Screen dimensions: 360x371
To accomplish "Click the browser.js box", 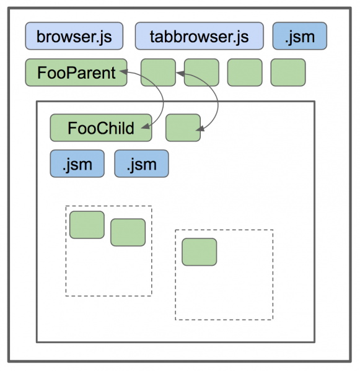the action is click(74, 36).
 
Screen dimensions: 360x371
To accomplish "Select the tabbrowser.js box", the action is click(200, 36).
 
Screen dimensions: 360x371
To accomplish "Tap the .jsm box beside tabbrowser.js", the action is click(300, 36).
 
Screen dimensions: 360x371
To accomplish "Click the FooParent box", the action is click(76, 72).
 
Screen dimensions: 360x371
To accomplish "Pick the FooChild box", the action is click(101, 128).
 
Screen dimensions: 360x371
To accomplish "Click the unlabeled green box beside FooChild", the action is click(183, 128).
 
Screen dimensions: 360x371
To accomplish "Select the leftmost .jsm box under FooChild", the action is click(77, 164).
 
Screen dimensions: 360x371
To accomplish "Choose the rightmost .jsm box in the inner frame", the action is click(141, 164).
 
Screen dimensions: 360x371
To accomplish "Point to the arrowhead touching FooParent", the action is click(123, 71).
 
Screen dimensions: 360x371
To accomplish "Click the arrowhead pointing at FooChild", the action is click(146, 126).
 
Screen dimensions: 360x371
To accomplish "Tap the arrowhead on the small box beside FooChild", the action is click(200, 129).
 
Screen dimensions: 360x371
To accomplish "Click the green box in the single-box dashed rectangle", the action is click(200, 252).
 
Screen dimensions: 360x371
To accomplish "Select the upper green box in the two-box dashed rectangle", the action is click(87, 225).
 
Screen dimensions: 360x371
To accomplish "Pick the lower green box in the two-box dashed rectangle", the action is click(128, 232).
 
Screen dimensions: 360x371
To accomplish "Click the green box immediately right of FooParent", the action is click(158, 72).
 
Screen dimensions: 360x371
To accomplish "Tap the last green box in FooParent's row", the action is click(288, 72).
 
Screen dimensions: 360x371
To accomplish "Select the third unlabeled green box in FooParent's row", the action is click(245, 72).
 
